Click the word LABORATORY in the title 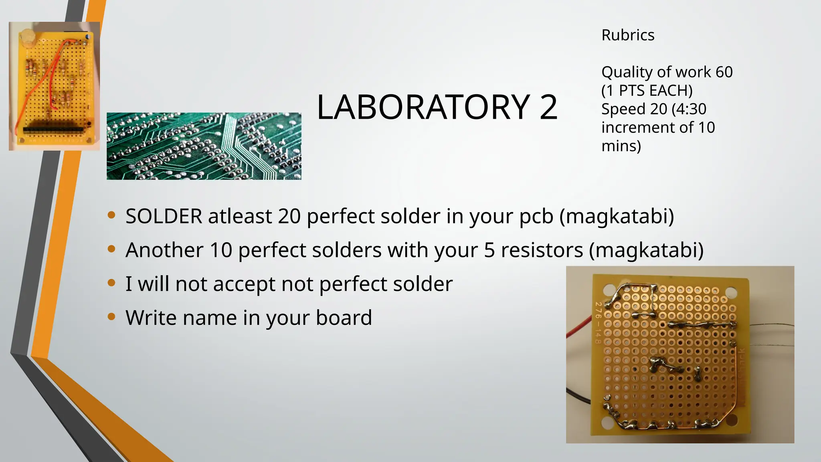pyautogui.click(x=423, y=107)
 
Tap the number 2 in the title pyautogui.click(x=548, y=107)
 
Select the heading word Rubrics pyautogui.click(x=628, y=35)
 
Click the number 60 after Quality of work pyautogui.click(x=724, y=72)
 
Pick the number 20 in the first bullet pyautogui.click(x=289, y=216)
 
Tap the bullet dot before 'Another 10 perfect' pyautogui.click(x=111, y=249)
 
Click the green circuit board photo pyautogui.click(x=204, y=146)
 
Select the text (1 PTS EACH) pyautogui.click(x=647, y=91)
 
